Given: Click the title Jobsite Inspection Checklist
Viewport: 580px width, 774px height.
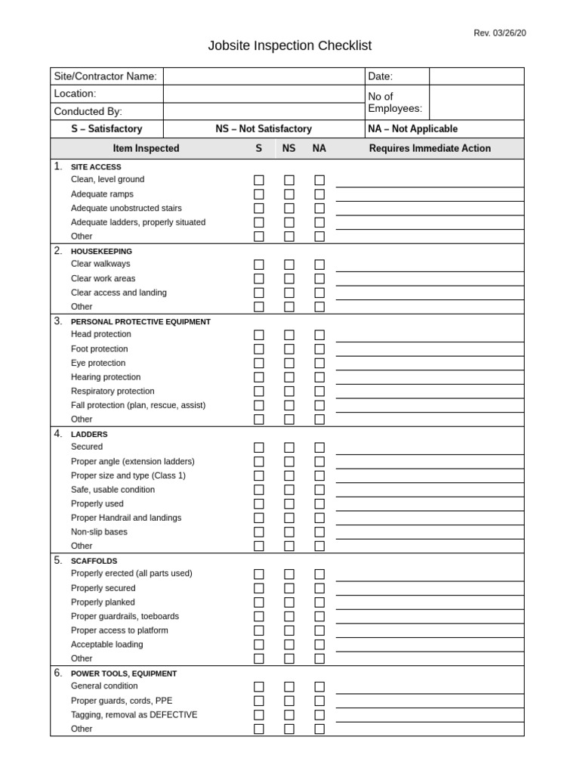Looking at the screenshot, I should (290, 46).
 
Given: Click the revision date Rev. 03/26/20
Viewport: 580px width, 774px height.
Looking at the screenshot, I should (499, 33).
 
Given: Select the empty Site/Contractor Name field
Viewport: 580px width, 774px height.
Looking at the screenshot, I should (264, 76).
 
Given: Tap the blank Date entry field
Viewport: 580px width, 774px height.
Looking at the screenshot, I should (476, 76).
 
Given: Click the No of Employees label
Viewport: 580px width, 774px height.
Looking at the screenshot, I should (394, 102).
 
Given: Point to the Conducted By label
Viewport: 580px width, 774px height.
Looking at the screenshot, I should (88, 111).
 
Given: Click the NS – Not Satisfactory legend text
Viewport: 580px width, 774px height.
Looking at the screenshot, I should (263, 129).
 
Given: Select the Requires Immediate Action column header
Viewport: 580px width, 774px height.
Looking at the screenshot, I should (429, 149).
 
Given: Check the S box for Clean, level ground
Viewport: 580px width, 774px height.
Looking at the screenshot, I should (259, 181).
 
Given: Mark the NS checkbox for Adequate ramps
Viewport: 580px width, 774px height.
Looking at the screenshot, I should (289, 194).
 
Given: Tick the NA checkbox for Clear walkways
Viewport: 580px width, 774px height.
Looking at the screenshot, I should (319, 265).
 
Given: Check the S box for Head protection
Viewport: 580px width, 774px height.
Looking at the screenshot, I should (259, 335).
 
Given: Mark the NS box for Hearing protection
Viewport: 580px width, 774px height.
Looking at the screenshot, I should (289, 377).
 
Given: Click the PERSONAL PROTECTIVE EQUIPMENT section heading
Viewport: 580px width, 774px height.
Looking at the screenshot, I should (140, 322).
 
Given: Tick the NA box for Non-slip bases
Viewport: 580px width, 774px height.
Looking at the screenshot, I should (319, 532).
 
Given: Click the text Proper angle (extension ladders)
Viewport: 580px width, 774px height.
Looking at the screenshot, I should (132, 461).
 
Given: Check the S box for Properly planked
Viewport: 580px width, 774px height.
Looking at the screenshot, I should (259, 602).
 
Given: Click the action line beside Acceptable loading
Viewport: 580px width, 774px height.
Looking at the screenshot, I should (429, 649).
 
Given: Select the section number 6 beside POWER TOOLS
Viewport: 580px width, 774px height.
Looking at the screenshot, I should (57, 673).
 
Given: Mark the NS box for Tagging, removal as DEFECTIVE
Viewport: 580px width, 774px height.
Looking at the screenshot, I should (289, 715).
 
